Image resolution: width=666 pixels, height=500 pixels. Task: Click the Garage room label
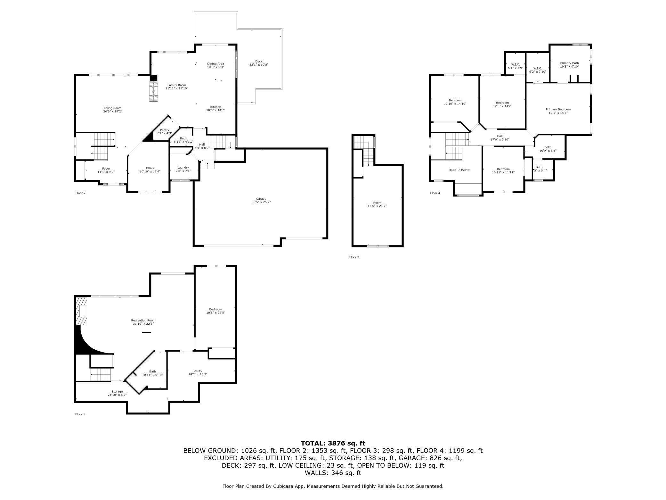[x=261, y=199]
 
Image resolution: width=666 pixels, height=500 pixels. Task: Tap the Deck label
[x=259, y=61]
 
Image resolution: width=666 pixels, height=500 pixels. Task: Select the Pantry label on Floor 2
[x=165, y=130]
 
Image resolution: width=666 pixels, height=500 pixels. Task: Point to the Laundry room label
[x=183, y=167]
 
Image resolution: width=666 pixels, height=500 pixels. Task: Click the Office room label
[x=150, y=168]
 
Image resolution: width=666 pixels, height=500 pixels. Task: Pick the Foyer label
[x=106, y=169]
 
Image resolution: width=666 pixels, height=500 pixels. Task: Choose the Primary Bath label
[x=569, y=63]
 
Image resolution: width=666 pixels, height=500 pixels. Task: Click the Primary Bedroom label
[x=558, y=109]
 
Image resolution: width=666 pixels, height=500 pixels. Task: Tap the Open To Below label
[x=459, y=170]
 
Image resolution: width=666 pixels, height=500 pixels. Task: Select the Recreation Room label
[x=143, y=320]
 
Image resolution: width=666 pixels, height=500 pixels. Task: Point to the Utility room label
[x=198, y=371]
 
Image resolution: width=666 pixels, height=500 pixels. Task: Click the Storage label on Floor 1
[x=117, y=391]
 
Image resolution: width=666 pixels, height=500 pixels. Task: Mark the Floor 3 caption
[x=354, y=257]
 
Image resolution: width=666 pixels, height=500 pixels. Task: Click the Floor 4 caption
[x=435, y=193]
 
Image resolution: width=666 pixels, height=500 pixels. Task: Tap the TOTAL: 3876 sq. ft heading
[x=333, y=443]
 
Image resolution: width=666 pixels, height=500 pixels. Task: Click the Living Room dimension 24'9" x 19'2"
[x=113, y=111]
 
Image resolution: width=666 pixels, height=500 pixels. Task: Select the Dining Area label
[x=215, y=63]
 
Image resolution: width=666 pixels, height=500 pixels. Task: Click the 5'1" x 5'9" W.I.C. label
[x=516, y=68]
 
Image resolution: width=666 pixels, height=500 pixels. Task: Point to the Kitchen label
[x=215, y=107]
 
